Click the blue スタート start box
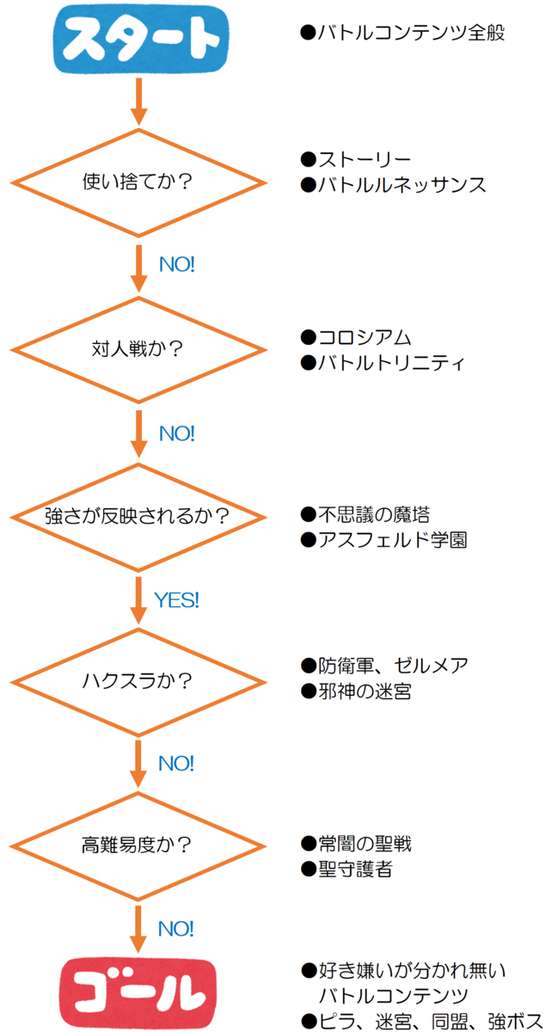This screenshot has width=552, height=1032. (x=137, y=39)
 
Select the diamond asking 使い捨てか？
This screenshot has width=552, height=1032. (x=138, y=182)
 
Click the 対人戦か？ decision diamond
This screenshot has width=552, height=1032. (x=138, y=350)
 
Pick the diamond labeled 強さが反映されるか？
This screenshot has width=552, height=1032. (x=138, y=517)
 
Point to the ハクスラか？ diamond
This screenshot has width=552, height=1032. (x=138, y=682)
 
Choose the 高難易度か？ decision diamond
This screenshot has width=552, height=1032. (x=138, y=846)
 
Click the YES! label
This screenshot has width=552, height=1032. (x=176, y=600)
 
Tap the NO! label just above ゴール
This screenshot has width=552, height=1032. (x=176, y=929)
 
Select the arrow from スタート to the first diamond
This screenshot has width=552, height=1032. (x=138, y=101)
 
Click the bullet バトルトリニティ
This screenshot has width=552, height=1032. (x=383, y=363)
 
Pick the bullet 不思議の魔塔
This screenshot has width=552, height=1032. (x=365, y=514)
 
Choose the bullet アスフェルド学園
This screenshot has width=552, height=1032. (x=383, y=540)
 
